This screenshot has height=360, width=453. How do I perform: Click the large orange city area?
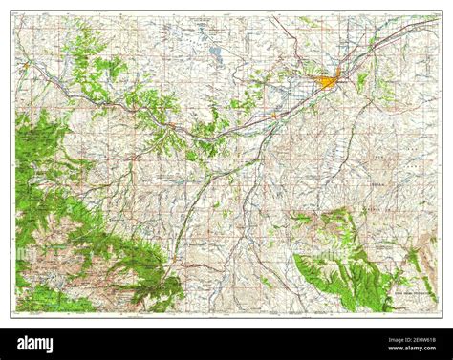pyautogui.click(x=327, y=83)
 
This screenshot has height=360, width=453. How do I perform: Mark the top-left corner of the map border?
pyautogui.click(x=11, y=12)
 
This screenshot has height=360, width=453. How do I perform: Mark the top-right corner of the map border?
pyautogui.click(x=441, y=12)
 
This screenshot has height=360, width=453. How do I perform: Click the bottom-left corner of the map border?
pyautogui.click(x=11, y=316)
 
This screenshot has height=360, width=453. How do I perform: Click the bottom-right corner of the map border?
pyautogui.click(x=441, y=316)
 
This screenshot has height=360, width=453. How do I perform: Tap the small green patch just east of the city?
pyautogui.click(x=361, y=82)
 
